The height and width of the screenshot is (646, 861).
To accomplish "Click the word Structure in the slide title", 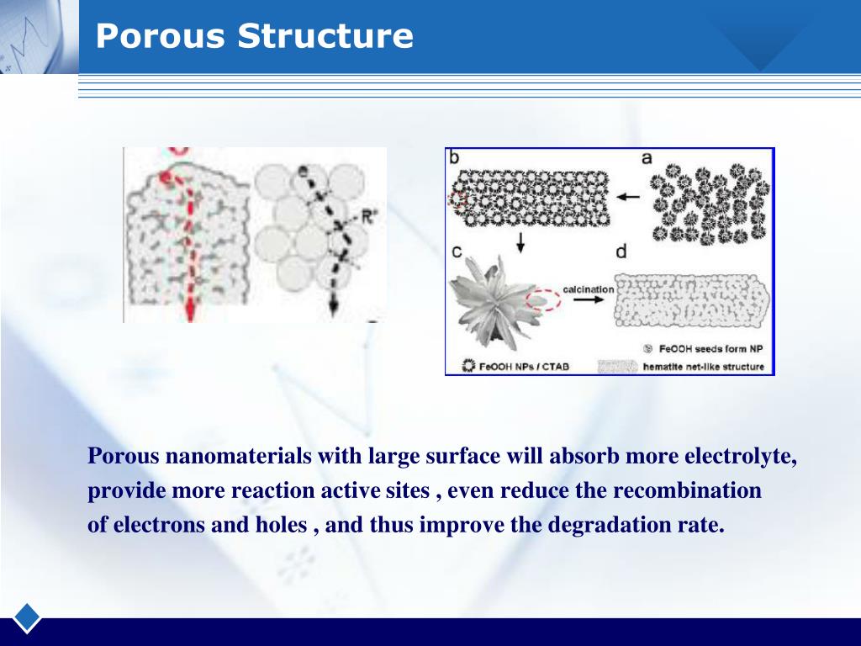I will point(325,36).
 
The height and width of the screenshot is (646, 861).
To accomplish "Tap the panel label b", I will point(454,157).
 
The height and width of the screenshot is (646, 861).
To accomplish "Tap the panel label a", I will point(647,157).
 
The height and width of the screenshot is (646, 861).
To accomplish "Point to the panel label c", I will point(456,252).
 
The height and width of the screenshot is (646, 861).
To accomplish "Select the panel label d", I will point(621,252).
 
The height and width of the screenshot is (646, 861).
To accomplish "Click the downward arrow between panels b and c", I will point(520,243).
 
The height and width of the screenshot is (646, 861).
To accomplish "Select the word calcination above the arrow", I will point(588,289).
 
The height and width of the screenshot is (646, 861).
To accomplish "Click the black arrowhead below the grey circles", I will point(334,309).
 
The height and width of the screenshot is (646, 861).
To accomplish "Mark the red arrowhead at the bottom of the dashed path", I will point(190,313).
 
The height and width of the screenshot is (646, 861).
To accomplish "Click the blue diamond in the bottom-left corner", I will point(27,617).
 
